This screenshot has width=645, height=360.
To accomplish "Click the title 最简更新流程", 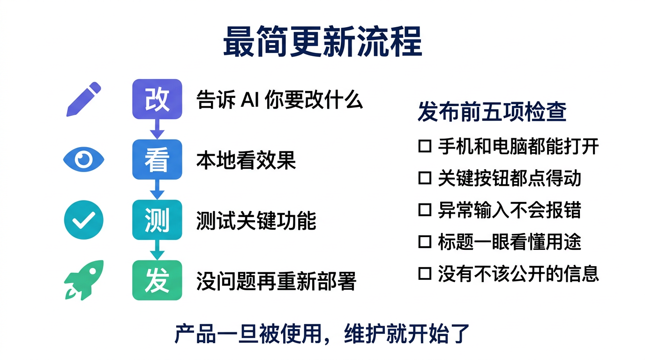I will (x=322, y=42).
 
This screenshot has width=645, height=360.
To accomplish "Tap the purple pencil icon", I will (x=83, y=99).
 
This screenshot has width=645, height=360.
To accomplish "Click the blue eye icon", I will (x=83, y=160).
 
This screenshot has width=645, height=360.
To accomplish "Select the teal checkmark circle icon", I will (x=83, y=220).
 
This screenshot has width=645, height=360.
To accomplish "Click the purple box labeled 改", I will (x=157, y=99).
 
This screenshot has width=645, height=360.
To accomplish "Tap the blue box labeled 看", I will (x=157, y=159).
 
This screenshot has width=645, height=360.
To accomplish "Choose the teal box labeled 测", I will (x=157, y=220).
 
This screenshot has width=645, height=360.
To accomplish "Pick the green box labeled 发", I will (x=157, y=280).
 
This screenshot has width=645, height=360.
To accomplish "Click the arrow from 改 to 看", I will (x=157, y=129).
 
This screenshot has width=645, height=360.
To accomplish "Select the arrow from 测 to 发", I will (x=157, y=250).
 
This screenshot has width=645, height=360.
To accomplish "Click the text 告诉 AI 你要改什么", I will (x=279, y=99).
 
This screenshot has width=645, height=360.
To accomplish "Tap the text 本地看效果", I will (x=246, y=160).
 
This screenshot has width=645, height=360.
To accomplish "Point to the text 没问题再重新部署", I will (x=276, y=281).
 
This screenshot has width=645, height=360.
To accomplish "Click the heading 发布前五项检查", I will (x=492, y=112).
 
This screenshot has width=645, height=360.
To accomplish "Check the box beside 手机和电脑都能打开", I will (x=424, y=146).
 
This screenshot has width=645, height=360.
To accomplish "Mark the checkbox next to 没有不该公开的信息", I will (x=424, y=273).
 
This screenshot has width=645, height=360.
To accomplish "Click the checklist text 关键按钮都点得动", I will (x=510, y=178).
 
